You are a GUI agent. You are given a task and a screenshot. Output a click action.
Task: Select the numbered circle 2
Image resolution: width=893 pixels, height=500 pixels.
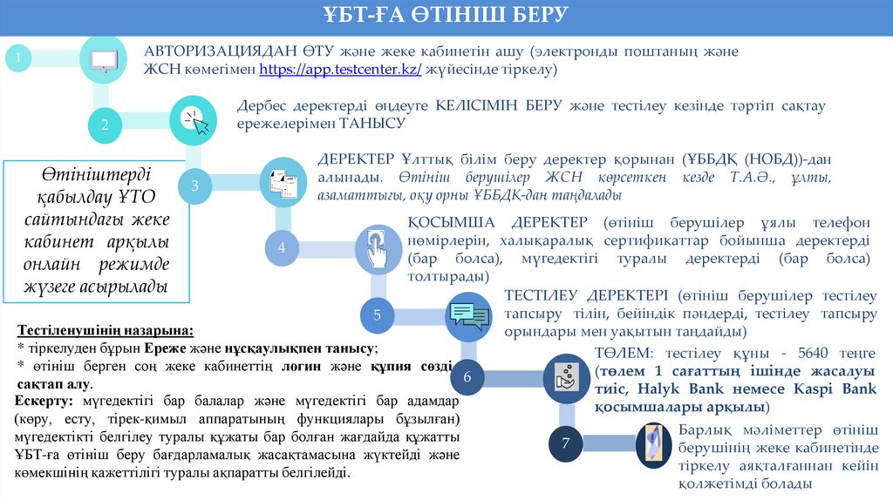(105, 125)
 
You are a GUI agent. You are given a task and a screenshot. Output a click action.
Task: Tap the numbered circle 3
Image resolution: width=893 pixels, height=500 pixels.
(194, 186)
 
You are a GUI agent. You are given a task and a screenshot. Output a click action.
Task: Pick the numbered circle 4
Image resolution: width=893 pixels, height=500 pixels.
(282, 247)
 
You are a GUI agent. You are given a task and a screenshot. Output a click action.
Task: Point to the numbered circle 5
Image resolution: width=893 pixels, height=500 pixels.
(378, 314)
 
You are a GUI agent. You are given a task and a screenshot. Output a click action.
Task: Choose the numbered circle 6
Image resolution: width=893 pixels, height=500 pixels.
(467, 377)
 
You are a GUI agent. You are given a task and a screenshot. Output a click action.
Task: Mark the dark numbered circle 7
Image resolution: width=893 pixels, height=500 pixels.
(565, 444)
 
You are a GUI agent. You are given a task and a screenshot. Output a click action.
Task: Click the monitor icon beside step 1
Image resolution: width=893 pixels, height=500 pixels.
(105, 59)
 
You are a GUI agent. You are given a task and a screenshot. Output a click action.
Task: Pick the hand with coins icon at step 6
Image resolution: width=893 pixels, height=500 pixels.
(562, 376)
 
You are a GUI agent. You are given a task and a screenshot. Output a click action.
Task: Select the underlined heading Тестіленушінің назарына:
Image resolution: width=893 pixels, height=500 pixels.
(106, 332)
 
